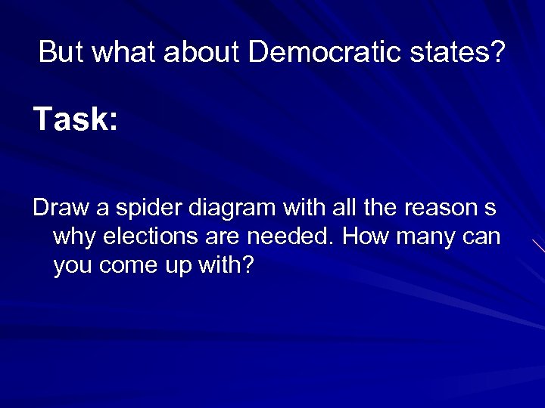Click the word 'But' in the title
point(61,52)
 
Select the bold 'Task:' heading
point(76,119)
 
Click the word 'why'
point(74,237)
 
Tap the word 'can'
point(481,237)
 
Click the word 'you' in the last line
point(74,267)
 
